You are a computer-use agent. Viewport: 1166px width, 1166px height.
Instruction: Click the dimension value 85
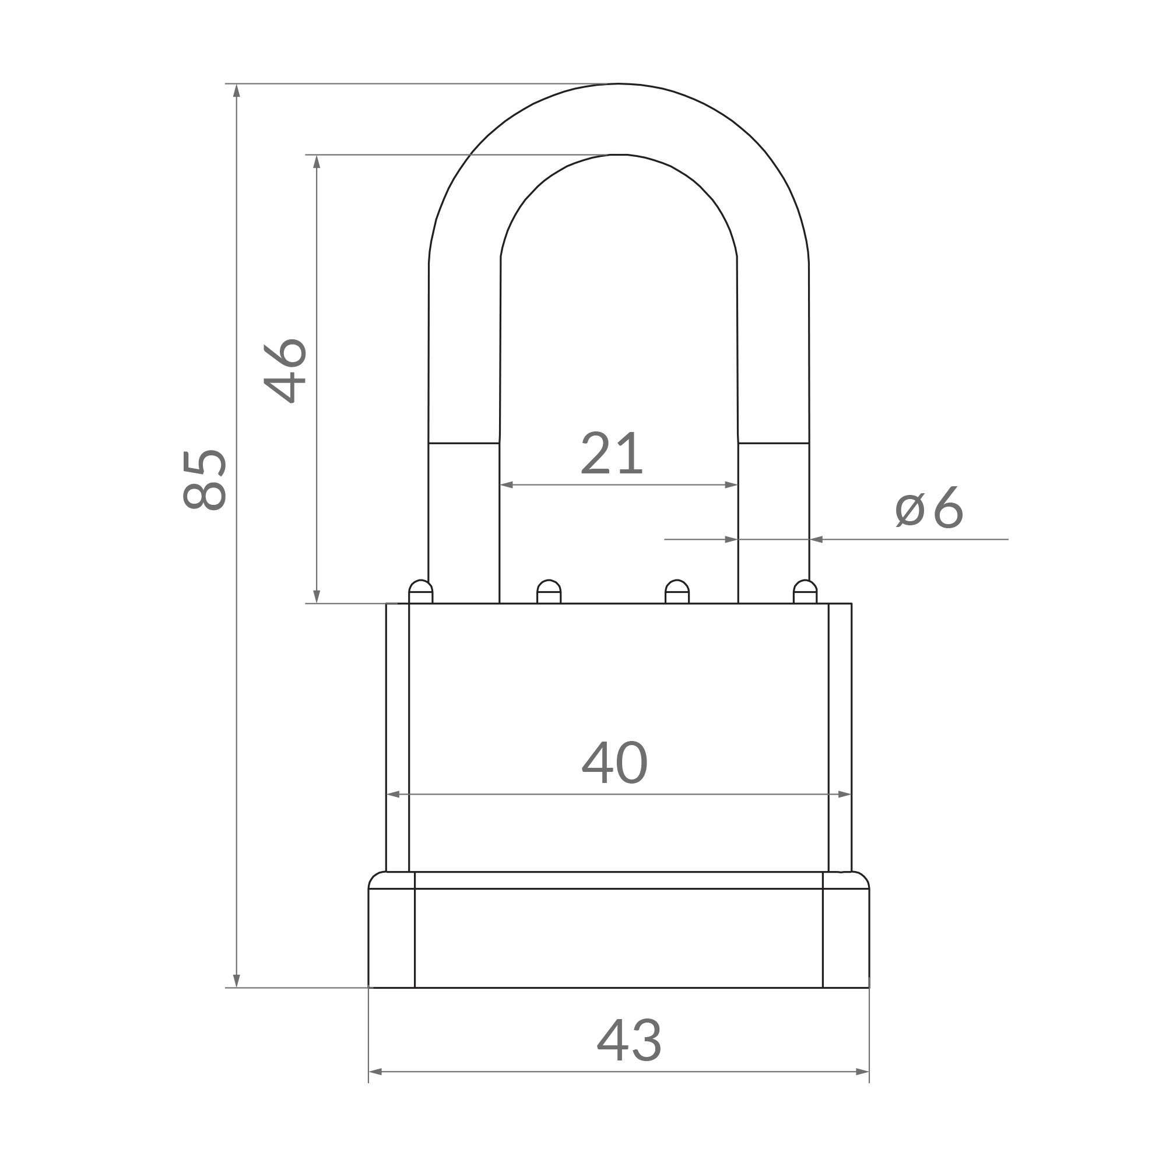[205, 480]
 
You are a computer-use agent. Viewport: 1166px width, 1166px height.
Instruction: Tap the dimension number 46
[286, 371]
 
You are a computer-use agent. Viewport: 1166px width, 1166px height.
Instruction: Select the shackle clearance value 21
[612, 452]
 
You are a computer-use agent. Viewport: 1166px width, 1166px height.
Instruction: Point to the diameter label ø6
[929, 507]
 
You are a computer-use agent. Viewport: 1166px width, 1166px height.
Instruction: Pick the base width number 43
[629, 1040]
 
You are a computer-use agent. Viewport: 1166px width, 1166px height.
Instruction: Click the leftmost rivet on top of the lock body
[421, 591]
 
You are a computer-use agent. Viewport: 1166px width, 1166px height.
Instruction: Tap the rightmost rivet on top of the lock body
[805, 591]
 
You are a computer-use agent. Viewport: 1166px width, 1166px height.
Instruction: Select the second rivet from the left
[549, 591]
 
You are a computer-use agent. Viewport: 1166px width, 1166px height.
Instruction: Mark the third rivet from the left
[677, 591]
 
